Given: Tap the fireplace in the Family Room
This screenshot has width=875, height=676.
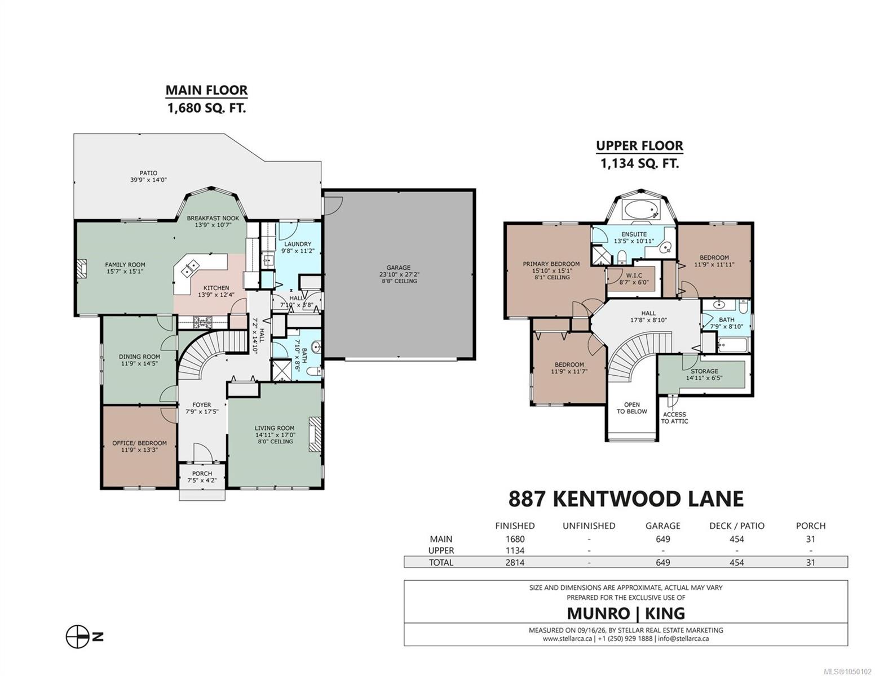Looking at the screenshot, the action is tap(82, 268).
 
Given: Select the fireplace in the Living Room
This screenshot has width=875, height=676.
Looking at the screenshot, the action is tap(315, 434).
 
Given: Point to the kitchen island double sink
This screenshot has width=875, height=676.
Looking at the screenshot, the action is tap(189, 268).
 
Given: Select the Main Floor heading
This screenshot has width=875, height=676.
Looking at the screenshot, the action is tap(206, 90).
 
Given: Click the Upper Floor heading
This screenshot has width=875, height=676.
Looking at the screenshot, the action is tap(639, 145).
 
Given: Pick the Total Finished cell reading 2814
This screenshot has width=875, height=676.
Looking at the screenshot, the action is tap(515, 562).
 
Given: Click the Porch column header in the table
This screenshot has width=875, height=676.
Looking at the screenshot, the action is tap(811, 526).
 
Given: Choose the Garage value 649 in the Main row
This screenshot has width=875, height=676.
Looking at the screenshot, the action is tap(663, 539).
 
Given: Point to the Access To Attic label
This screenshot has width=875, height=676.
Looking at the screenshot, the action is tap(674, 417).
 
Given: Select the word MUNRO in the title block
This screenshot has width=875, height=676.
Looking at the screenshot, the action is tap(598, 613).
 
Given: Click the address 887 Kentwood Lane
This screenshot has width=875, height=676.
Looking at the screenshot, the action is tap(626, 499).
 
